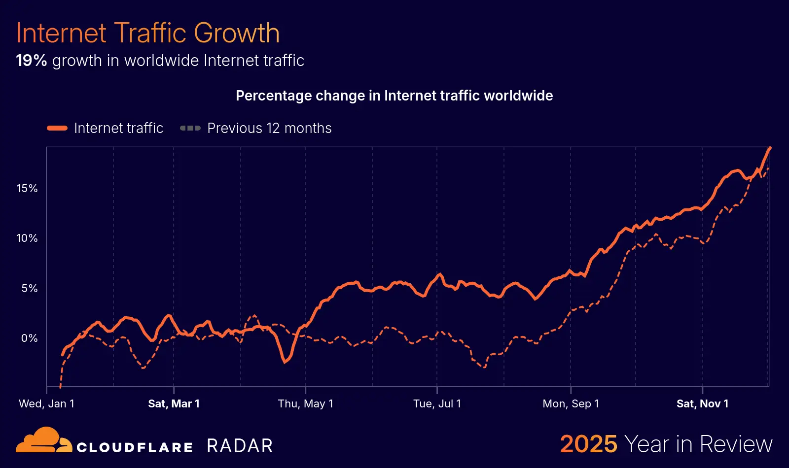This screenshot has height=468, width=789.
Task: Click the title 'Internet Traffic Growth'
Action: click(x=148, y=33)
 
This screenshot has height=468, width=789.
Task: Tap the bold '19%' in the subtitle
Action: click(x=31, y=61)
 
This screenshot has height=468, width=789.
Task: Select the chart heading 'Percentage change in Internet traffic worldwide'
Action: click(x=394, y=96)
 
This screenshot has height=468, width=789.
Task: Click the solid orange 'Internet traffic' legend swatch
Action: click(x=57, y=128)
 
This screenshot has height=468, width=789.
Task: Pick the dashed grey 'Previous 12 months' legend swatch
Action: click(x=190, y=128)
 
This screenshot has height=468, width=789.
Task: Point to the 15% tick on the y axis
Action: click(x=27, y=188)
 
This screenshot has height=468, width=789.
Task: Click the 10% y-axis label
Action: click(x=27, y=238)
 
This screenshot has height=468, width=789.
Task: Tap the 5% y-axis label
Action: click(x=30, y=288)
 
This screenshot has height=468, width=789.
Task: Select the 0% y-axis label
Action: click(x=30, y=338)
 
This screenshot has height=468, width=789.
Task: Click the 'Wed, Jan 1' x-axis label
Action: click(x=46, y=404)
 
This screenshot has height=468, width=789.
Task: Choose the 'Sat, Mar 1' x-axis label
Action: click(x=174, y=404)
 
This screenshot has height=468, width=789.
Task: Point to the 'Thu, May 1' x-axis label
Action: click(x=305, y=404)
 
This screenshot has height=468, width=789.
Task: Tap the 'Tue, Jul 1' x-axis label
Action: click(x=437, y=404)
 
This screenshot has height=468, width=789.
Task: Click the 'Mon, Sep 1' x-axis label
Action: click(x=571, y=404)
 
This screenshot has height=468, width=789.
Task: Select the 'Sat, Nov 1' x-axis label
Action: click(x=702, y=404)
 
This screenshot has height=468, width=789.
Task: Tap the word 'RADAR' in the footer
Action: click(x=240, y=446)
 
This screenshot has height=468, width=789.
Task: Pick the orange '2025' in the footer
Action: click(x=588, y=444)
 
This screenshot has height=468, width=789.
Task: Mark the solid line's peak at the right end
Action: click(x=770, y=148)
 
